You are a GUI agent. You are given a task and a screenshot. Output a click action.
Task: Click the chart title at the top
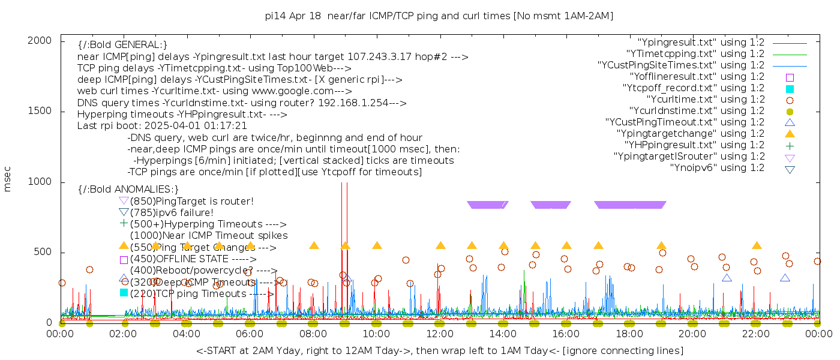point(439,16)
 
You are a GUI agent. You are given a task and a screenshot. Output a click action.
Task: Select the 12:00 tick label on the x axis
point(440,334)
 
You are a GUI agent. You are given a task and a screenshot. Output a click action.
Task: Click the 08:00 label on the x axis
point(313,334)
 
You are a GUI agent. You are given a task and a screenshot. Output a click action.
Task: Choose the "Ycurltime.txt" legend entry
point(706,100)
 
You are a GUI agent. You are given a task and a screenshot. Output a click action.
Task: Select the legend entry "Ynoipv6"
point(718,168)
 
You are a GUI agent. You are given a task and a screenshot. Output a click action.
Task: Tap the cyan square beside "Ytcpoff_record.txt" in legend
point(790,89)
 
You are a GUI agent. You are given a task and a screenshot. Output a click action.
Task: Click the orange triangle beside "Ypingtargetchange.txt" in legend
point(790,134)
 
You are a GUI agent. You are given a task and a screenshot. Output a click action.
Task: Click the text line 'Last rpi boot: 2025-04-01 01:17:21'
point(162,126)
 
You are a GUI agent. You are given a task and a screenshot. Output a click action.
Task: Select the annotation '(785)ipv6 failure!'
point(172,212)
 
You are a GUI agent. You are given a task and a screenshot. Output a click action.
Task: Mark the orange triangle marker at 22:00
point(757,245)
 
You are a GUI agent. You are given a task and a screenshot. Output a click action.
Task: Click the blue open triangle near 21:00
point(727,278)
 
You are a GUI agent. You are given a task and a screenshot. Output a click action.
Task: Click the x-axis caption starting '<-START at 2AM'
point(439,350)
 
